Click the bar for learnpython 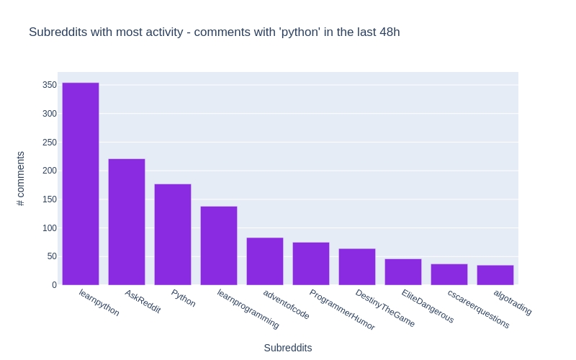[81, 184]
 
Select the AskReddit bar [127, 222]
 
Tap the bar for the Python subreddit [173, 235]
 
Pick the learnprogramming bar [219, 246]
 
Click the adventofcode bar [265, 261]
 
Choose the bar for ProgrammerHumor [311, 264]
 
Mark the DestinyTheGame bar [357, 267]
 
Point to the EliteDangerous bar [403, 272]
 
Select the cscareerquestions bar [449, 274]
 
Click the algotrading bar [495, 275]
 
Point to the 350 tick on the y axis [49, 85]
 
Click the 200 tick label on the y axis [49, 171]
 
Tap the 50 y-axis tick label [51, 256]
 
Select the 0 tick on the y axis [53, 285]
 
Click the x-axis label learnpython [99, 302]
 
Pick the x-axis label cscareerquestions [478, 309]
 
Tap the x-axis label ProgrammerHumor [342, 310]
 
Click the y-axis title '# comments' [21, 179]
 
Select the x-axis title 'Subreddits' [288, 348]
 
